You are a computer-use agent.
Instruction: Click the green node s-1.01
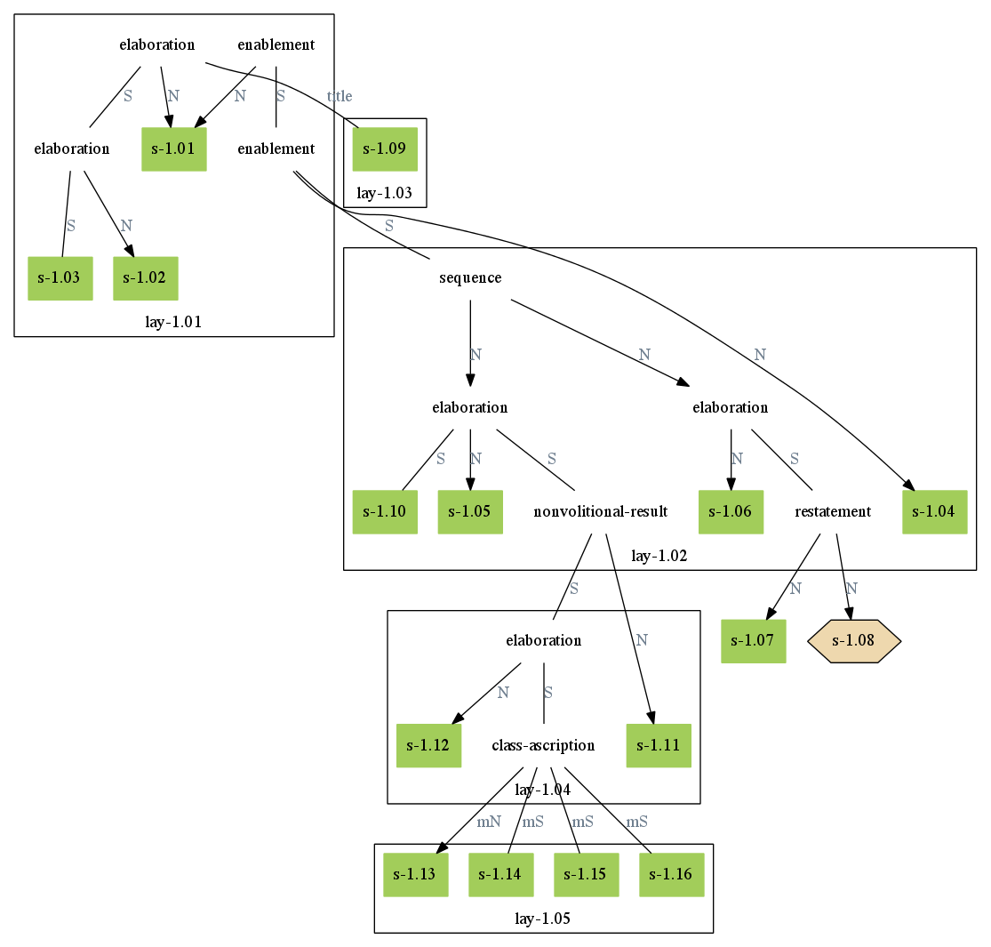click(x=174, y=149)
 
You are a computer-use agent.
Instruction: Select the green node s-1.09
click(x=385, y=149)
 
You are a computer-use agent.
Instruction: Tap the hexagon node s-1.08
click(x=854, y=640)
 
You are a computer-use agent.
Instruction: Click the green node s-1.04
click(x=934, y=512)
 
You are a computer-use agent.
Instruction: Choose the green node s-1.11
click(x=659, y=745)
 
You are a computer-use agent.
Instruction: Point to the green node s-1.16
click(x=671, y=875)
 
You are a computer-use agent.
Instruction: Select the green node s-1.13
click(x=415, y=875)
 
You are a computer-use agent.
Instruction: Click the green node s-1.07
click(x=753, y=640)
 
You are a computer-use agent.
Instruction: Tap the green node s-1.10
click(x=385, y=512)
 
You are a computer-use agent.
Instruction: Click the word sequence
click(x=470, y=278)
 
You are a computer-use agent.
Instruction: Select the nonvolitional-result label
click(x=600, y=512)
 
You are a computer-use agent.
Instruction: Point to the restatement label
click(x=833, y=512)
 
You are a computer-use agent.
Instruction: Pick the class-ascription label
click(x=543, y=745)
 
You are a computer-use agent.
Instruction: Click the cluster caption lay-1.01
click(x=173, y=322)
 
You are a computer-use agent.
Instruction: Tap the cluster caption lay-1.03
click(x=385, y=193)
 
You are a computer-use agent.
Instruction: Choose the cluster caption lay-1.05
click(x=543, y=919)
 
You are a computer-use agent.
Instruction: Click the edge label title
click(x=340, y=97)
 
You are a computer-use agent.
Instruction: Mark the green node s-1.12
click(x=428, y=745)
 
